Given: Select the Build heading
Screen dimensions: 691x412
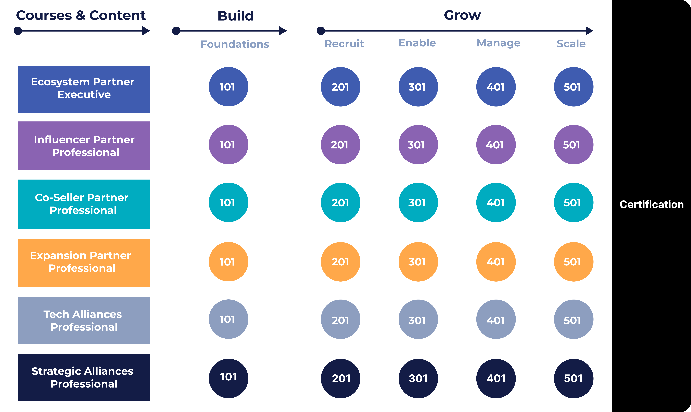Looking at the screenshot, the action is [x=236, y=16].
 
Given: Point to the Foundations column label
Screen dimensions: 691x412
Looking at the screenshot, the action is [x=235, y=44].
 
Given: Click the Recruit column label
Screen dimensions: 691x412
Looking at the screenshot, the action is [x=344, y=44].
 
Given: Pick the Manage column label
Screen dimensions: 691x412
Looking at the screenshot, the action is [x=498, y=43].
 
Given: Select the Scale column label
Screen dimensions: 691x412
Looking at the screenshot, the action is [x=571, y=44].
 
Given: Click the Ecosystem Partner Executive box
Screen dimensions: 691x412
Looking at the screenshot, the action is [x=84, y=89].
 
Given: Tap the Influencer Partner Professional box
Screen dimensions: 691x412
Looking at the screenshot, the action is [x=84, y=146].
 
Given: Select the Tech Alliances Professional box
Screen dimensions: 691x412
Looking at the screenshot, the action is [x=84, y=320].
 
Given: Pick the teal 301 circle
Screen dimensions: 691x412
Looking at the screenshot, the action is [x=418, y=202].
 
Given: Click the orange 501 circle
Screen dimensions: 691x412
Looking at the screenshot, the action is [x=573, y=262].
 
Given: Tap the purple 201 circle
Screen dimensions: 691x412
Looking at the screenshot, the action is [x=340, y=145].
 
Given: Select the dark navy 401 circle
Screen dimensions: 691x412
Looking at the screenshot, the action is [x=496, y=378].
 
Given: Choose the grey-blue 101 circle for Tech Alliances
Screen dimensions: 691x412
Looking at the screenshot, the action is [x=228, y=319].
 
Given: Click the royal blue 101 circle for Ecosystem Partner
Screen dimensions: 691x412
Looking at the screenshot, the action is [x=228, y=87].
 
